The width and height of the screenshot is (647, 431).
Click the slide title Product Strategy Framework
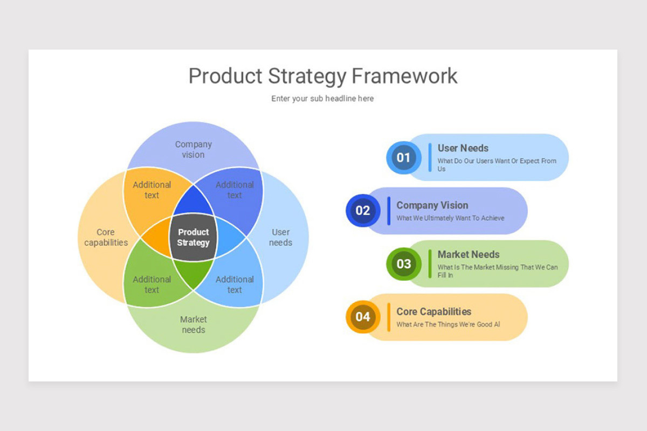[322, 76]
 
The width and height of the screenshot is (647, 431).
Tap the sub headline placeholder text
[322, 99]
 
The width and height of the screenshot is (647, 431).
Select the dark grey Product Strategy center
[193, 237]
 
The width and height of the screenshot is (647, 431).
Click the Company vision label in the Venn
[193, 149]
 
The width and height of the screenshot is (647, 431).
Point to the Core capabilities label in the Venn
[106, 237]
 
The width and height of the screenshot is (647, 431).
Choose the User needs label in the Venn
[280, 237]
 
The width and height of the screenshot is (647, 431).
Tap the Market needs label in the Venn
[193, 324]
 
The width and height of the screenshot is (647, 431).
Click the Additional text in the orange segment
[152, 190]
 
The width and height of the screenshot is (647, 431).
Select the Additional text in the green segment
[152, 284]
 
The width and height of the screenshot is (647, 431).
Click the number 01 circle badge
[403, 158]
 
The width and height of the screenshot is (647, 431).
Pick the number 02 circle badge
[363, 211]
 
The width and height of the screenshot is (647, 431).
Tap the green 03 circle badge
[403, 264]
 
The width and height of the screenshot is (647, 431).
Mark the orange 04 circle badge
[363, 317]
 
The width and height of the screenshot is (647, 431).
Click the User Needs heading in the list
[463, 148]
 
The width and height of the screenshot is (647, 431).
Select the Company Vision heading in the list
[432, 205]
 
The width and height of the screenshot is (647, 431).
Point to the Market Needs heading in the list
[468, 254]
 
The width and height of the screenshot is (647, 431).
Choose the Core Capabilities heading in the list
[433, 312]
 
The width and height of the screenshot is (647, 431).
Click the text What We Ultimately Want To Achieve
[450, 218]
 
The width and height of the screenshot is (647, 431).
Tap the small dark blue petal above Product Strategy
[193, 201]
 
